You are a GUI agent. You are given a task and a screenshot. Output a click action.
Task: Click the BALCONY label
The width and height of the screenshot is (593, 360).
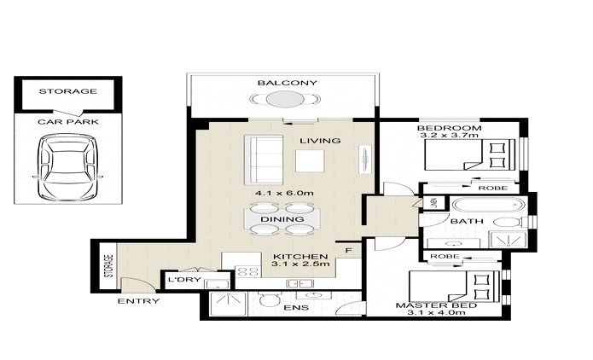(287, 83)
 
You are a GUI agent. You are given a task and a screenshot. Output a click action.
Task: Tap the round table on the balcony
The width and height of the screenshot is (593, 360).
(285, 100)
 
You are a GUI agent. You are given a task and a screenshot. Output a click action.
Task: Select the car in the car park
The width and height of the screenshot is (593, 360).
(68, 168)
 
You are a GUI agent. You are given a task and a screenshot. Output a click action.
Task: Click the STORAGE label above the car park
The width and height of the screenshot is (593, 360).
(68, 91)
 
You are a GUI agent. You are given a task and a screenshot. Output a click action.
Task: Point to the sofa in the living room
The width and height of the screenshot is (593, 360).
(264, 160)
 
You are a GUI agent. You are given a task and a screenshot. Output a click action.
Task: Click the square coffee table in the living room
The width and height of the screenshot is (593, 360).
(310, 161)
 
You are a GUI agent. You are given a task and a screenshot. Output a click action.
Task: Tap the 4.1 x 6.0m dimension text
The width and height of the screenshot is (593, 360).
(284, 193)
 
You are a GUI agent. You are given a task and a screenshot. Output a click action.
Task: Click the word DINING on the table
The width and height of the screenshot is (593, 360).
(282, 219)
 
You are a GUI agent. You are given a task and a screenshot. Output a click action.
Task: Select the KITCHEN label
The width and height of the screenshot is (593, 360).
(300, 257)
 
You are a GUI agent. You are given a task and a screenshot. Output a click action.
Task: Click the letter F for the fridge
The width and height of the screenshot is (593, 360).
(349, 250)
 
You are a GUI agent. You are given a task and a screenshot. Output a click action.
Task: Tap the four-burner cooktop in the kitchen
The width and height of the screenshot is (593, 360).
(247, 271)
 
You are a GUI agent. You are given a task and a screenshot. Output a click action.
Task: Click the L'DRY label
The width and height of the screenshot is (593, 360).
(180, 280)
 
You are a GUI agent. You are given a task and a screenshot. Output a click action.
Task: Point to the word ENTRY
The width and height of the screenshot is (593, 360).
(139, 301)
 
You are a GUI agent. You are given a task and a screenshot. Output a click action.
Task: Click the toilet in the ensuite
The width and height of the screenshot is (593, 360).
(270, 300)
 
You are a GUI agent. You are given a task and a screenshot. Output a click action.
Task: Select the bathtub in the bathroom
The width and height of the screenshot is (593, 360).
(489, 206)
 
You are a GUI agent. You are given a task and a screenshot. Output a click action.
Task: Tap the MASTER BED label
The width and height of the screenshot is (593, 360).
(436, 305)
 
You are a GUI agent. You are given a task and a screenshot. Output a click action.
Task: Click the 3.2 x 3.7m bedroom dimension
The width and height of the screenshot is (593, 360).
(448, 135)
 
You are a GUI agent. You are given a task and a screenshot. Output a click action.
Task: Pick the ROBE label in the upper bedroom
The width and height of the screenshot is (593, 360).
(493, 188)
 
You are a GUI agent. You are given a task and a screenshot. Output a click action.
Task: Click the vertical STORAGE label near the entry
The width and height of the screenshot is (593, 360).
(110, 266)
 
